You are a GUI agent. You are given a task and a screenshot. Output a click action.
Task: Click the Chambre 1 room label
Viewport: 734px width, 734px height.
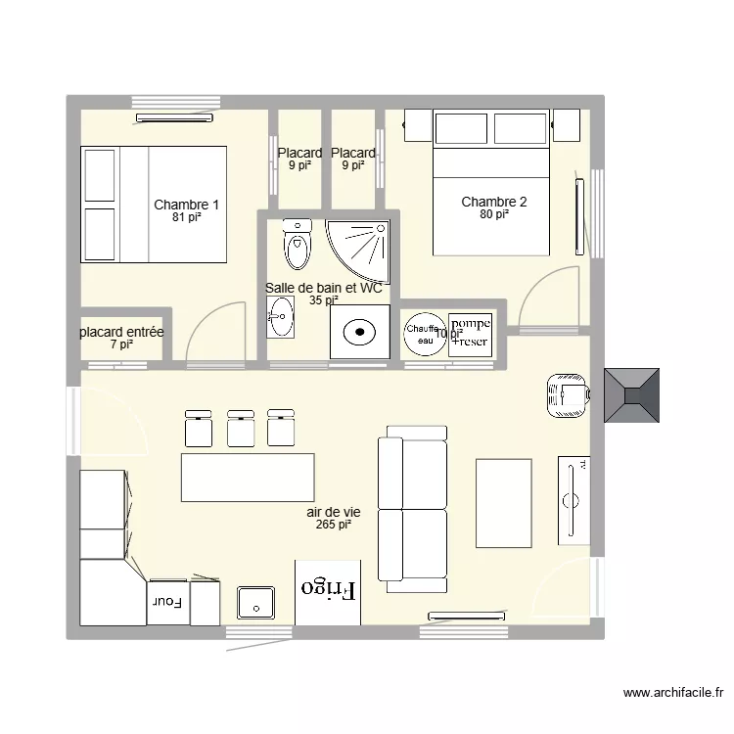186,205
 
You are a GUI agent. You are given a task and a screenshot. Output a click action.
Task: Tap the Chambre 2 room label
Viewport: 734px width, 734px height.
494,203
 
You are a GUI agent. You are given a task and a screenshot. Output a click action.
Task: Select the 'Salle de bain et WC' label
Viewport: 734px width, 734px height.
323,288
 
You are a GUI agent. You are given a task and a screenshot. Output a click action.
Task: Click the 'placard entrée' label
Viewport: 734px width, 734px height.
121,333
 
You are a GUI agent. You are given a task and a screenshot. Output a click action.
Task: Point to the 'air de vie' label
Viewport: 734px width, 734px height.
334,512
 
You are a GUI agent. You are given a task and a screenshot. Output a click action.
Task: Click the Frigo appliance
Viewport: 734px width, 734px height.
328,591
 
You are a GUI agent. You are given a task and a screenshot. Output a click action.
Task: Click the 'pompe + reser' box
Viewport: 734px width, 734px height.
472,333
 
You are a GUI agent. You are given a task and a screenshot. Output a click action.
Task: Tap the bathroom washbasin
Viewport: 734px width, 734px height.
280,317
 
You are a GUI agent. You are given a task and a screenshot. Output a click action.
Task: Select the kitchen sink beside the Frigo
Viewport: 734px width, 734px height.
255,603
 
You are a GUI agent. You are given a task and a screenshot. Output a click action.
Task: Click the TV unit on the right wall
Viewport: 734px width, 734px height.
573,499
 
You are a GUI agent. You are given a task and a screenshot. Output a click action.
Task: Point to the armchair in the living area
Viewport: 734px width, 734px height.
567,395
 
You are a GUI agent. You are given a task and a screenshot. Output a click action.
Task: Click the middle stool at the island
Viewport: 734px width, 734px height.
241,428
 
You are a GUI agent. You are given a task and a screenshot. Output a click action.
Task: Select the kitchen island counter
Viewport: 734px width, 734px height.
248,478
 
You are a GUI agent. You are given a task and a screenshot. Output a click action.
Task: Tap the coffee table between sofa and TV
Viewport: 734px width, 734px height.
504,503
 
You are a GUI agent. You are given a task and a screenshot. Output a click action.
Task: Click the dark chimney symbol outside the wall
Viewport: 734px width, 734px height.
631,394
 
